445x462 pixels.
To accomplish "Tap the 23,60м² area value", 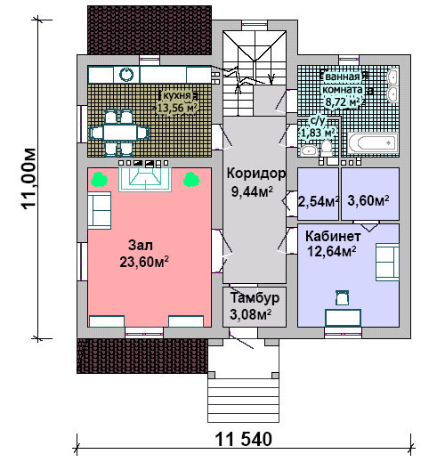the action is (144, 262).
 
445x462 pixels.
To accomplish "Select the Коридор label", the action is (256, 174).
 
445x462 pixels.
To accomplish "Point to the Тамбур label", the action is (255, 298).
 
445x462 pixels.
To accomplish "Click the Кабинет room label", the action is (333, 237).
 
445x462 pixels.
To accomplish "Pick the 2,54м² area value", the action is (318, 201).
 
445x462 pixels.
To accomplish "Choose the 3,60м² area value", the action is (368, 201).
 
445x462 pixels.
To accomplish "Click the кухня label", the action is (177, 95).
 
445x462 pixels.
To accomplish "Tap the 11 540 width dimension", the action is (243, 440).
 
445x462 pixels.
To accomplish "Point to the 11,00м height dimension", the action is (29, 179).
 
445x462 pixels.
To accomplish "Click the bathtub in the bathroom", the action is (373, 143).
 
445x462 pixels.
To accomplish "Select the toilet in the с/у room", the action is (327, 149).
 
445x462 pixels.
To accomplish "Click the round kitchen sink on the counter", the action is (126, 74).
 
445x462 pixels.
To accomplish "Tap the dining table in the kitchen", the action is (120, 133).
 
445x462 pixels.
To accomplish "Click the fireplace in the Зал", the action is (145, 180).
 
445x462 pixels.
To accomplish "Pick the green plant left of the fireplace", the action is (99, 180).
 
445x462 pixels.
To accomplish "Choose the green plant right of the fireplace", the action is (191, 180).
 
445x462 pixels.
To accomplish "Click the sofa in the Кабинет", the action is (387, 262).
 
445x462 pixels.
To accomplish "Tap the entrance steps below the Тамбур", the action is (243, 401).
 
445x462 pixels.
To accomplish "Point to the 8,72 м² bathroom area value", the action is (344, 102).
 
